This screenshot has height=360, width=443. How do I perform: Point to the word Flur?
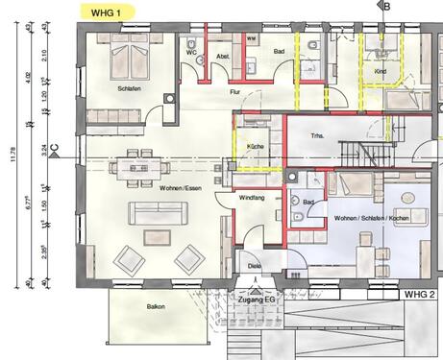click(x=234, y=92)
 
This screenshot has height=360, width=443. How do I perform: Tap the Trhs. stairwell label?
click(x=317, y=137)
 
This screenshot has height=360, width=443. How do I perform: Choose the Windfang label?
click(x=252, y=198)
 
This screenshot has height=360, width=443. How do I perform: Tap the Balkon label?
click(x=156, y=306)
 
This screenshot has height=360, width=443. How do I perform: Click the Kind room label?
click(x=381, y=72)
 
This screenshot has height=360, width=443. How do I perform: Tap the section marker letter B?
click(x=386, y=6)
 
